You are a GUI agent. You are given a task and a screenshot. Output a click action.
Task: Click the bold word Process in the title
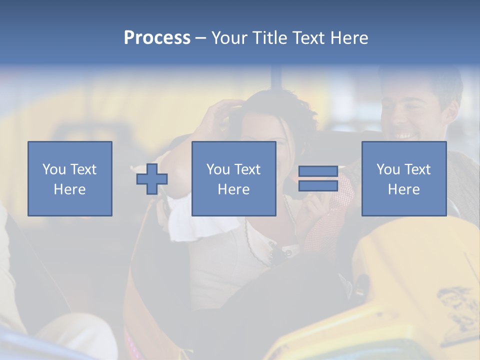(x=157, y=38)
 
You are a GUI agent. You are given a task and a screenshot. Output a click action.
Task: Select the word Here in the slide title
(x=349, y=38)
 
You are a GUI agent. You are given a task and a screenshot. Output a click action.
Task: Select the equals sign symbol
(x=318, y=178)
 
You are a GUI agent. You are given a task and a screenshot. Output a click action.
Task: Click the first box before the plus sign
(x=70, y=178)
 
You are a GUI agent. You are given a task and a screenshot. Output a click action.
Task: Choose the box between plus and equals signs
(x=234, y=178)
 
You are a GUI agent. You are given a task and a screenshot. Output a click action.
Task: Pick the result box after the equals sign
(x=404, y=178)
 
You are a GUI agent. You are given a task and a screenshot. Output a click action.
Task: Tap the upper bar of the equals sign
(x=318, y=171)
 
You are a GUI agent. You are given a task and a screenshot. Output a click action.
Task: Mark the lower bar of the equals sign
(x=318, y=185)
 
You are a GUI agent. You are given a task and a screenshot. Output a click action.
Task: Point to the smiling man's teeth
(x=405, y=135)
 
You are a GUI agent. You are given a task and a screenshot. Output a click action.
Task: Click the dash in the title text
(x=201, y=38)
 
